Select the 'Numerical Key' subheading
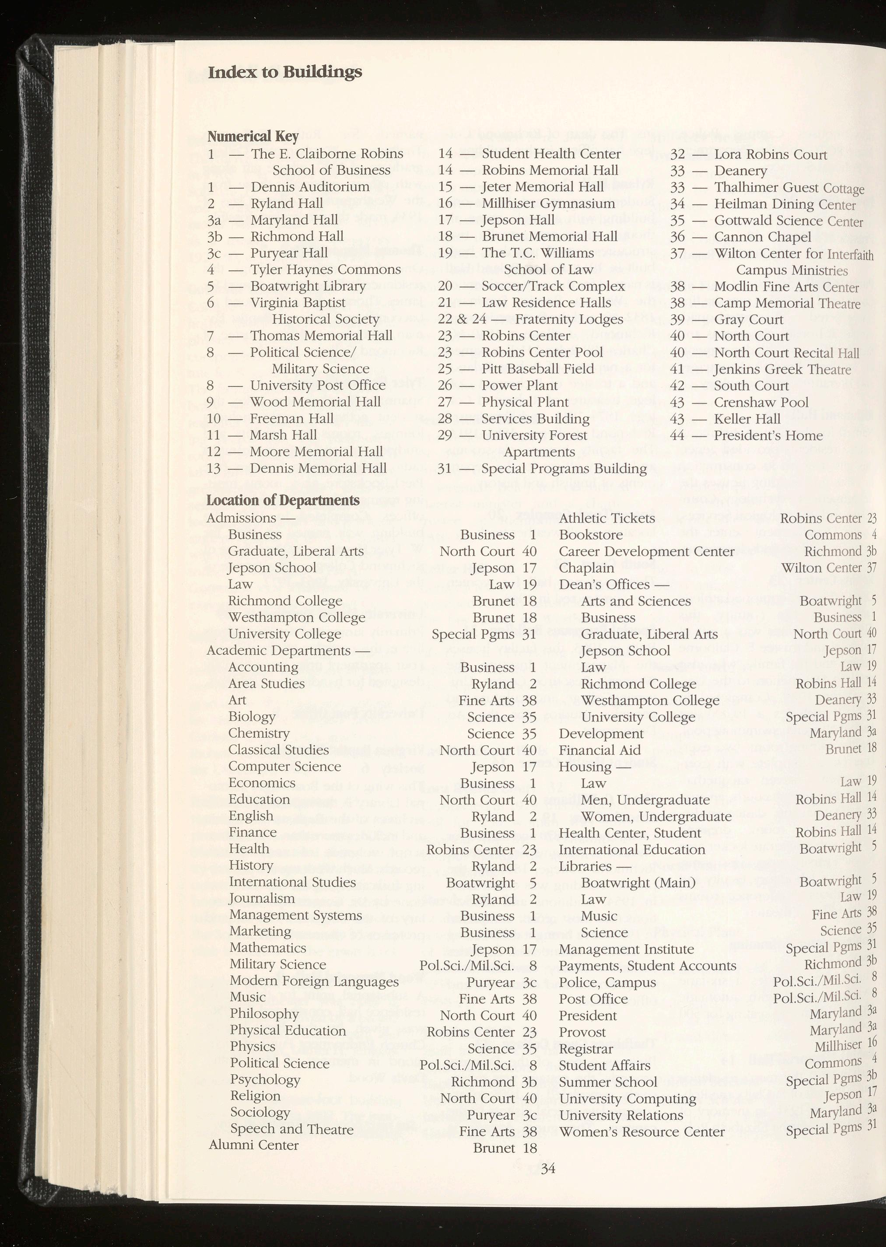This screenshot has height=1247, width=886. pyautogui.click(x=252, y=135)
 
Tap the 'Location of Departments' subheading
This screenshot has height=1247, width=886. pyautogui.click(x=283, y=500)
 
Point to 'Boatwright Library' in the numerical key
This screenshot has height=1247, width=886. pyautogui.click(x=308, y=286)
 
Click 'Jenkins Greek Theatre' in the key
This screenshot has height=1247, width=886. pyautogui.click(x=782, y=369)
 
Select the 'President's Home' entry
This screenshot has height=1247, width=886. pyautogui.click(x=768, y=435)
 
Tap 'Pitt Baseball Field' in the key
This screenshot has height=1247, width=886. pyautogui.click(x=537, y=369)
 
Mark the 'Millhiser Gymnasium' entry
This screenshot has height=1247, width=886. pyautogui.click(x=548, y=203)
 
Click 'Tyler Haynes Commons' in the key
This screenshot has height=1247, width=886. pyautogui.click(x=325, y=270)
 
